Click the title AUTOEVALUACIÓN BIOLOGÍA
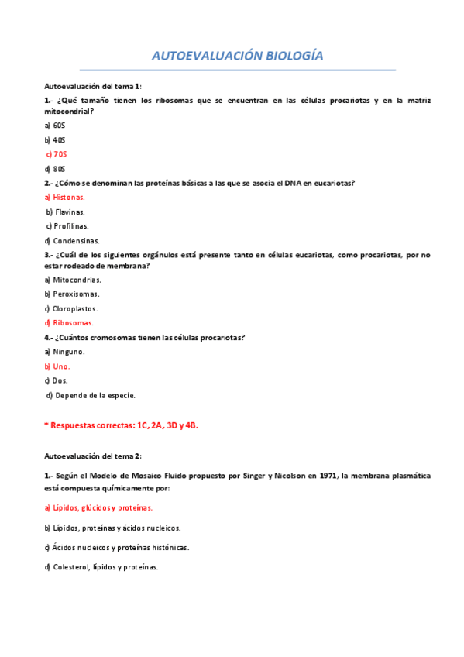pyautogui.click(x=237, y=57)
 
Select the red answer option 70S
pyautogui.click(x=57, y=154)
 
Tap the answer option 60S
pyautogui.click(x=55, y=125)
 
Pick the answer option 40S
pyautogui.click(x=55, y=139)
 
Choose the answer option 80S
pyautogui.click(x=55, y=169)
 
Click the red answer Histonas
pyautogui.click(x=65, y=198)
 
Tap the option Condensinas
pyautogui.click(x=72, y=241)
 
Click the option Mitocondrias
pyautogui.click(x=73, y=280)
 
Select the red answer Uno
pyautogui.click(x=58, y=366)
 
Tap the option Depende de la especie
pyautogui.click(x=91, y=396)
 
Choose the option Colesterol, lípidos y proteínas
pyautogui.click(x=101, y=567)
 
